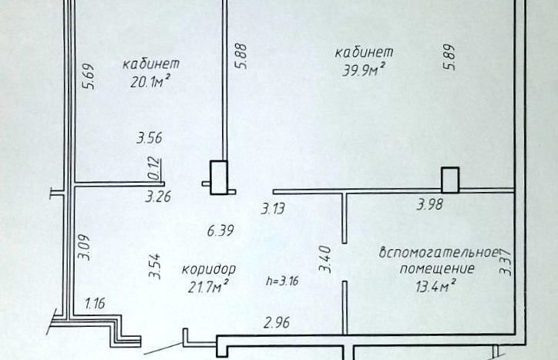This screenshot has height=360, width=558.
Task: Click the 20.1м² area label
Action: tap(150, 82)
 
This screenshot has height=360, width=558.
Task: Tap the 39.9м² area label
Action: tap(364, 69)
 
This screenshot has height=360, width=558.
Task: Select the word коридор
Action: tap(209, 270)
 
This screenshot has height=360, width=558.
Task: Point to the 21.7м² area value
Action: tap(208, 286)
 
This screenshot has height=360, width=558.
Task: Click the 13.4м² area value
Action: tap(436, 285)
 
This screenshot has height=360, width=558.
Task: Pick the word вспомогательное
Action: tap(438, 253)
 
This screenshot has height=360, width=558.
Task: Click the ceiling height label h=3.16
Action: tap(283, 281)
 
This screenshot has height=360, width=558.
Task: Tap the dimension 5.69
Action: tap(89, 76)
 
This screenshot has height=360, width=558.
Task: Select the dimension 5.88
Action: tap(240, 56)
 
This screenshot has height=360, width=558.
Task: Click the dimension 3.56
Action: tap(150, 138)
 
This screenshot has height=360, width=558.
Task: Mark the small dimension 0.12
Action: tap(154, 168)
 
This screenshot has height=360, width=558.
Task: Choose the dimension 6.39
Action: tap(220, 230)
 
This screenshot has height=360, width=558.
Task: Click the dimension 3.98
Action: tap(430, 205)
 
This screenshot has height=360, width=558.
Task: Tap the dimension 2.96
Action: tap(277, 323)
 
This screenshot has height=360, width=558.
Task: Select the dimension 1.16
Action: tap(95, 304)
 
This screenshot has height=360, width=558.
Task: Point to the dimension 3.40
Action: tap(325, 259)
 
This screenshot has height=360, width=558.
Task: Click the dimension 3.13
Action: tap(273, 209)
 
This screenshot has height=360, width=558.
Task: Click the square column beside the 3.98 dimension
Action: tap(450, 180)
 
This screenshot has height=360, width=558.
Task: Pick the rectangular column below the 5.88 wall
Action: tap(219, 177)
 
